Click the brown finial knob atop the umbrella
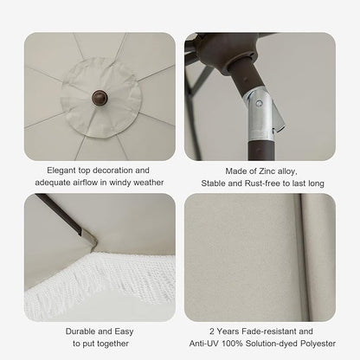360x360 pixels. pyautogui.click(x=100, y=98)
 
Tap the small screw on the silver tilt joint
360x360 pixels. pyautogui.click(x=260, y=103)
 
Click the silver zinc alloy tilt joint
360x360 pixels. pyautogui.click(x=262, y=114)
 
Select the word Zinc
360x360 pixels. pyautogui.click(x=267, y=171)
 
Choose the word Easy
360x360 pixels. pyautogui.click(x=124, y=331)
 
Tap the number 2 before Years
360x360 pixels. pyautogui.click(x=212, y=331)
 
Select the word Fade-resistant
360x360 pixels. pyautogui.click(x=269, y=331)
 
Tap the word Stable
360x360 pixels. pyautogui.click(x=213, y=183)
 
